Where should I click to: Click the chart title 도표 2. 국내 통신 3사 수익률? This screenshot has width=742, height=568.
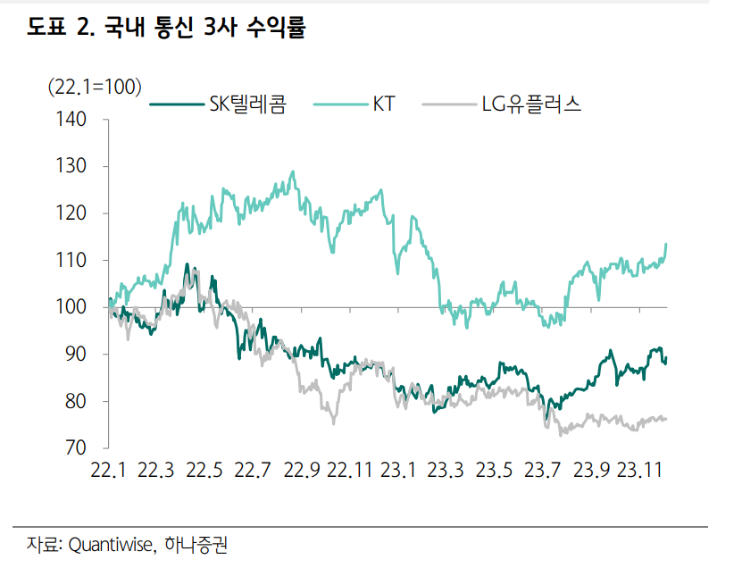click(166, 28)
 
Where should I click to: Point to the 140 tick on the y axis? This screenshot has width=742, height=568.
click(73, 119)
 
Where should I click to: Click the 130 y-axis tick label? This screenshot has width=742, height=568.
click(73, 166)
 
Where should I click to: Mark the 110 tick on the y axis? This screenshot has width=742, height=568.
click(73, 261)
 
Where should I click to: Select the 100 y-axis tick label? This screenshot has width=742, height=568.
click(73, 307)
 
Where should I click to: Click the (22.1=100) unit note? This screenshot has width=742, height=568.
click(94, 86)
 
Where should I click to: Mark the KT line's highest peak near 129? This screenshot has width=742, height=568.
click(293, 172)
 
